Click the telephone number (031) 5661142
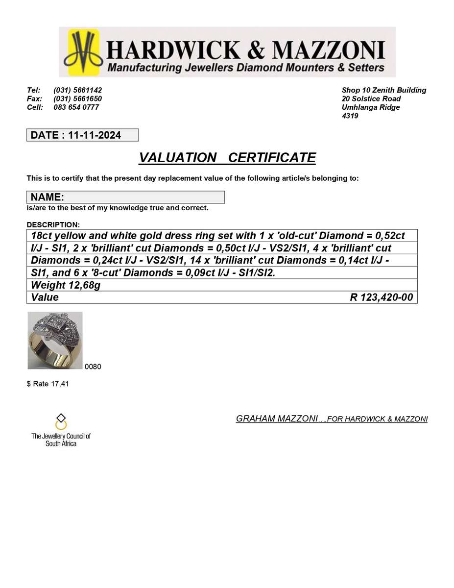[77, 90]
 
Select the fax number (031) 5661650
[77, 98]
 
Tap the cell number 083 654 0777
[76, 107]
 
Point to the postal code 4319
[350, 116]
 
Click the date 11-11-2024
[95, 135]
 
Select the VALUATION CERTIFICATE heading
[227, 158]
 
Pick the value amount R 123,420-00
[381, 297]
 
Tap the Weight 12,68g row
[66, 285]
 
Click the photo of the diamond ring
[55, 341]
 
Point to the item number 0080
[93, 367]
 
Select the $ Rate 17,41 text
[48, 384]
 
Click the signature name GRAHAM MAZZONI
[277, 418]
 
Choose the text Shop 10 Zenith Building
[383, 90]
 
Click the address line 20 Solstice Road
[371, 98]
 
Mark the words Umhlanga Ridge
[370, 107]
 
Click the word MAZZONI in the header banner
[329, 50]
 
